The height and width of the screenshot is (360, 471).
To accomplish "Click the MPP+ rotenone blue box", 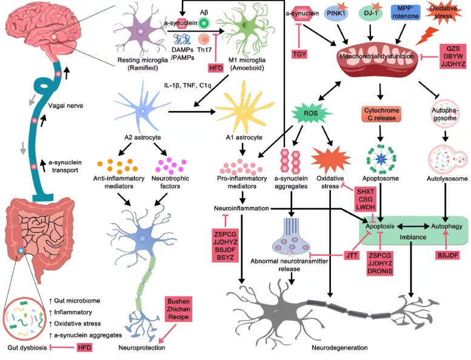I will click(403, 12).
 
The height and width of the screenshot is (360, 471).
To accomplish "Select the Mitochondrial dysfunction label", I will click(377, 56).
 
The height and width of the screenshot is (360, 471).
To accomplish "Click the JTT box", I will click(352, 256).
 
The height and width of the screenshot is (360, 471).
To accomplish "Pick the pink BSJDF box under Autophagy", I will click(447, 256).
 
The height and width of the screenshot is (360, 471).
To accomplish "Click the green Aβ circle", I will click(204, 22).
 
